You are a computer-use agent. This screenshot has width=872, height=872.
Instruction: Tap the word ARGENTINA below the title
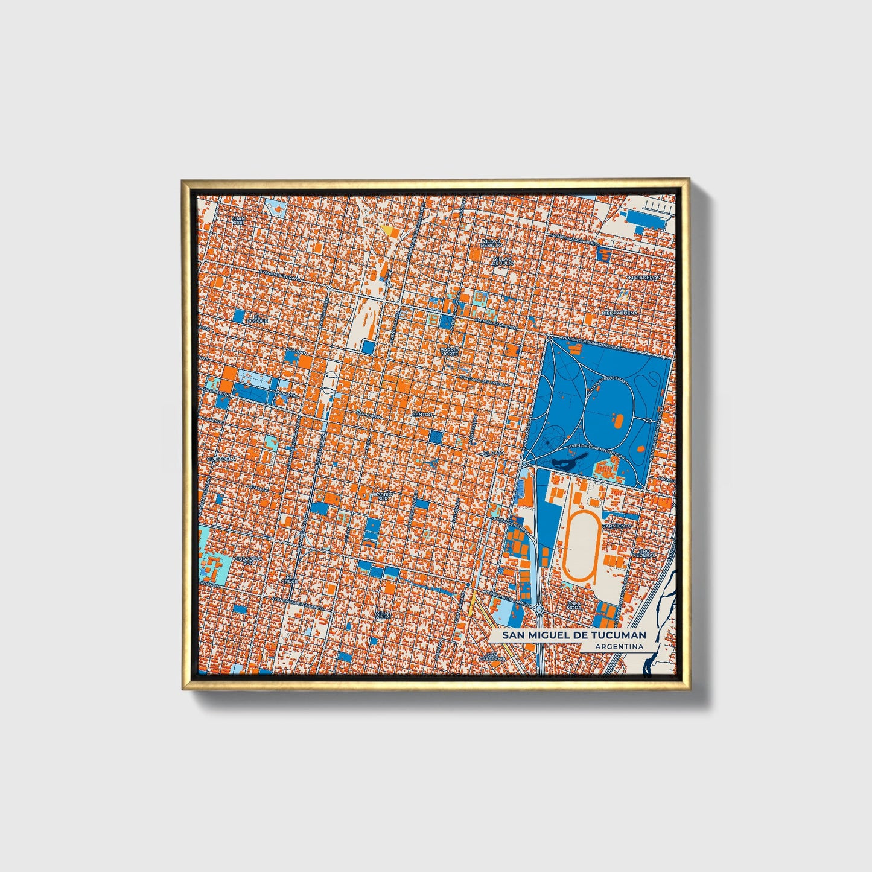pos(619,646)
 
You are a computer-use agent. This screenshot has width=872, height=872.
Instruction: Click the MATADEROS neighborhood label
pos(644,278)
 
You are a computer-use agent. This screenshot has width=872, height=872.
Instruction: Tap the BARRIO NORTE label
pos(450,351)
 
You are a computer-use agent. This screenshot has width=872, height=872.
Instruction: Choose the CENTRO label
pos(422,415)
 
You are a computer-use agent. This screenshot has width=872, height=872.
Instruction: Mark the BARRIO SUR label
pos(383,496)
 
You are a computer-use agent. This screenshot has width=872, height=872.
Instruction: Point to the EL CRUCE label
pos(291,579)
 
